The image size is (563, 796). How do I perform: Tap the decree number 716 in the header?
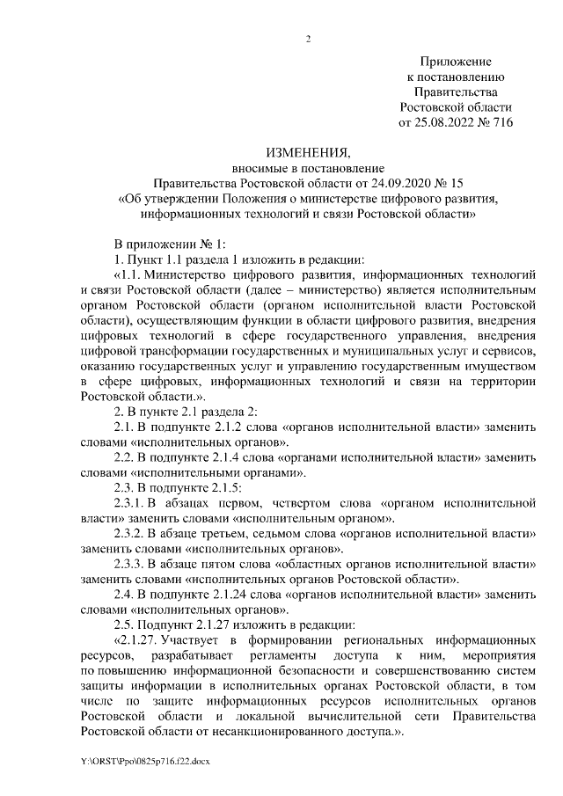501,123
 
